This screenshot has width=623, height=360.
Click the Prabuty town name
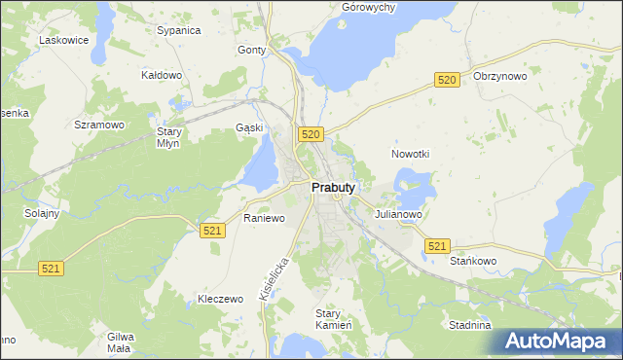click(x=332, y=188)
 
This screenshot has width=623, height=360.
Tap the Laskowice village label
click(x=64, y=40)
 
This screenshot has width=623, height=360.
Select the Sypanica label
click(x=178, y=30)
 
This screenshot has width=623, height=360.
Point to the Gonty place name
click(x=251, y=50)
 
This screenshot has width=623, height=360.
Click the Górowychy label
click(x=368, y=7)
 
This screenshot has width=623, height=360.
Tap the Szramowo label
click(x=99, y=126)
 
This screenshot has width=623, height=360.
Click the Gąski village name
click(x=249, y=128)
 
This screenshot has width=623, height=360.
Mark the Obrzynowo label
click(x=499, y=76)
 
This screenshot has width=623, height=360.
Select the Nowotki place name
click(x=410, y=154)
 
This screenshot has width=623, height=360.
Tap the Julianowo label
click(x=397, y=215)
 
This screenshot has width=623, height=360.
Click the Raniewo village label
click(x=264, y=218)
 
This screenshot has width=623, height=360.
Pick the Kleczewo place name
click(x=219, y=299)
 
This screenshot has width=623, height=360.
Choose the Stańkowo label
click(x=474, y=261)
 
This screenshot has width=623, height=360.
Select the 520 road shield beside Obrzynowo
click(x=447, y=81)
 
